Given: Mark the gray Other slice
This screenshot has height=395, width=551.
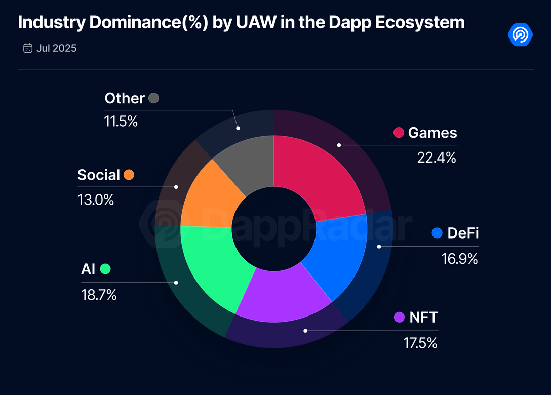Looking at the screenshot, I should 248,162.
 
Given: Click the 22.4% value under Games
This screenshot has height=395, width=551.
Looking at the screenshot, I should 437,157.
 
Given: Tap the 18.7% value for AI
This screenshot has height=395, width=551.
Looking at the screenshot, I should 99,295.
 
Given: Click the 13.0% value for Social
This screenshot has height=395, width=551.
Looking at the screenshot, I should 95,200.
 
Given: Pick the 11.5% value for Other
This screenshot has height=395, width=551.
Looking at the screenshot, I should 121,122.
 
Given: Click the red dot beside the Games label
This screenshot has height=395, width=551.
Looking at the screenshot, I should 399,133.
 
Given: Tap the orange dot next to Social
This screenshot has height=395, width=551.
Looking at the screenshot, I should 129,175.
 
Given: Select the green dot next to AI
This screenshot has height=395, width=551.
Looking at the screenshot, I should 105,269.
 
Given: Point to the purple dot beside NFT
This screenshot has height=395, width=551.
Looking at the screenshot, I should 399,318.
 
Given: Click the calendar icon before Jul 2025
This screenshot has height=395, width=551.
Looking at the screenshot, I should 28,49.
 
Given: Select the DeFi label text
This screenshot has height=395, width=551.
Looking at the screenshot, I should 463,233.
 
